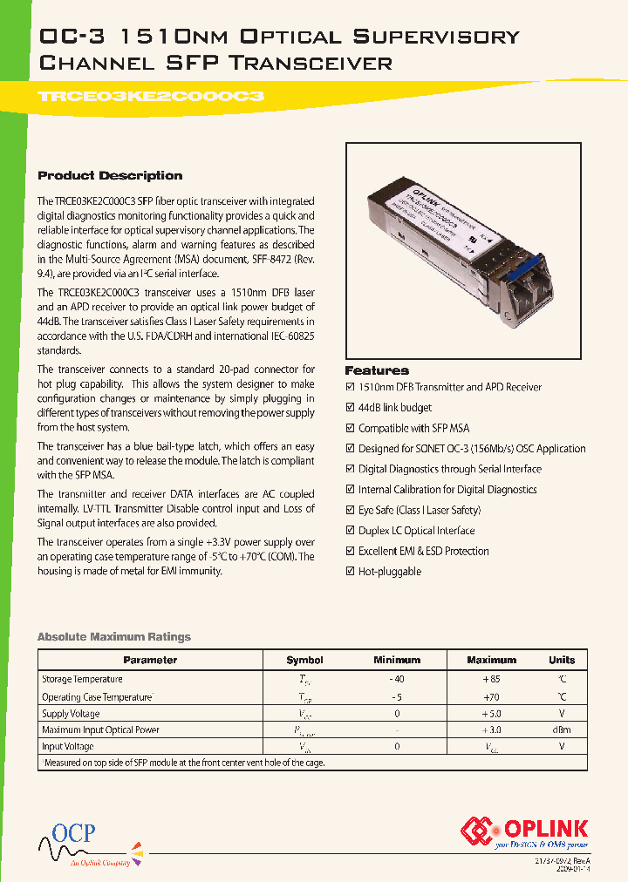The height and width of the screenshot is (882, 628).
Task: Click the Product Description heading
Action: coord(110,175)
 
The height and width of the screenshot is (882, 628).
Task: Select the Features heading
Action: coord(377,370)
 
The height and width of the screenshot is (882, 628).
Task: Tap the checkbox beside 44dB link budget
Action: coord(351,407)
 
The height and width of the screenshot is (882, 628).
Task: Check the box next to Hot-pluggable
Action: coord(351,572)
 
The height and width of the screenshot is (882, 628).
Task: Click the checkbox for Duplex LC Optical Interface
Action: coord(351,531)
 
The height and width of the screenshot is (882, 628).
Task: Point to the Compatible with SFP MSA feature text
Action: coord(413,428)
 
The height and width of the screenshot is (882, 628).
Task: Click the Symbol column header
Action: coord(304,661)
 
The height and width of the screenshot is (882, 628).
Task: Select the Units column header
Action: coord(562,661)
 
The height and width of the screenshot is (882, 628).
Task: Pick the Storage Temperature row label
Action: coord(82,679)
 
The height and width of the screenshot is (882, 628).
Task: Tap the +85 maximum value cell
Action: coord(491,679)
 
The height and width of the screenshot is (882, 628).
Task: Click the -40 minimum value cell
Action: coord(397,679)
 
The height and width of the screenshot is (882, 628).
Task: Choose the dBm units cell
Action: coord(562,730)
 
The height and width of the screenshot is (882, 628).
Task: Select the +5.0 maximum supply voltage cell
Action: coord(491,714)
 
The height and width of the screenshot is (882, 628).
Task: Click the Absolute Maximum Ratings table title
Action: coord(113,637)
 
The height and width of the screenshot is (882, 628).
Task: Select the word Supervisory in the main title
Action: coord(435,37)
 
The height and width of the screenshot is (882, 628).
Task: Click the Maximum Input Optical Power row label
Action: coord(100,730)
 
